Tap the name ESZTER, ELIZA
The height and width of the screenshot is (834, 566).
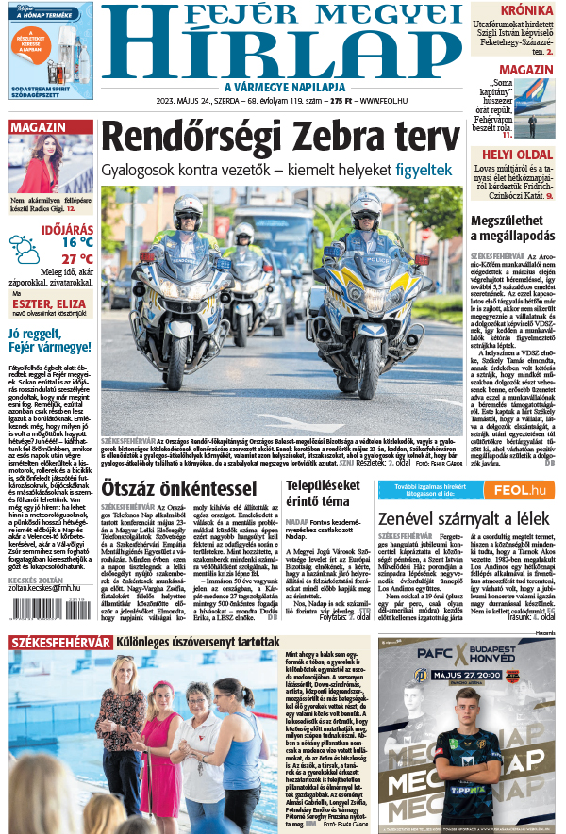tap(53, 304)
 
